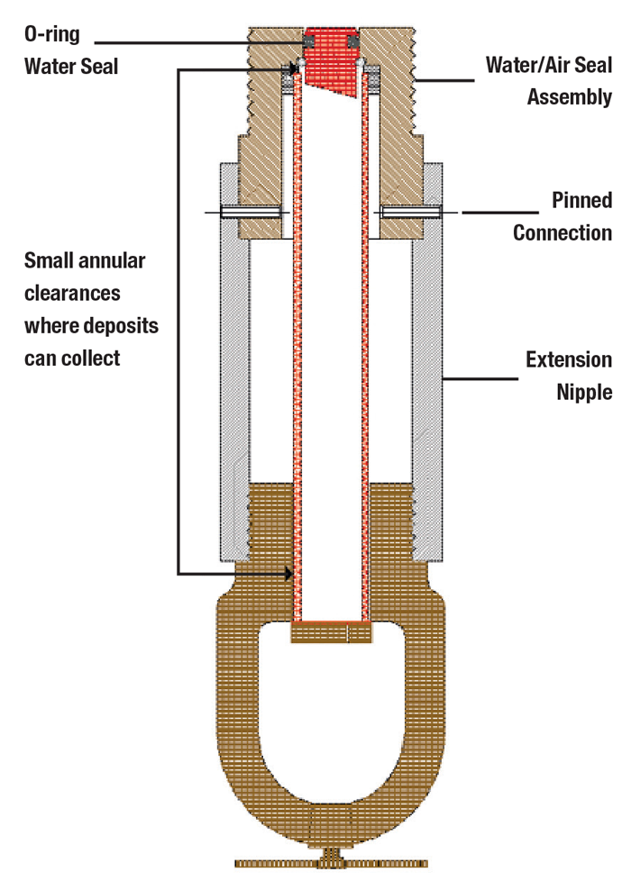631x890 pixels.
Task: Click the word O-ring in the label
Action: tap(51, 34)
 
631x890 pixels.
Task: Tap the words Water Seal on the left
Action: tap(71, 67)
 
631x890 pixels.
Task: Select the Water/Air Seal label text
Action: tap(549, 65)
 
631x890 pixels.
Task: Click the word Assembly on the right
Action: tap(570, 97)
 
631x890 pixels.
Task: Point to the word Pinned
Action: tap(582, 200)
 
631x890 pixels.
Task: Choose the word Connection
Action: tap(562, 232)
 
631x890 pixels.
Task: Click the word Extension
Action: tap(569, 359)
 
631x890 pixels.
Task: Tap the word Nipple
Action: tap(584, 392)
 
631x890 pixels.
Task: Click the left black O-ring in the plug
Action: tap(309, 42)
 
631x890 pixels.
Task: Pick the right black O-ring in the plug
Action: tap(353, 42)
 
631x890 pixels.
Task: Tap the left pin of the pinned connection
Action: tap(250, 213)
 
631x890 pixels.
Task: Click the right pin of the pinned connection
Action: tap(412, 213)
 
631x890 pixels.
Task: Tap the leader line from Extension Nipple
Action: tap(480, 378)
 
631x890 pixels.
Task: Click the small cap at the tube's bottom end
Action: tap(331, 632)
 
